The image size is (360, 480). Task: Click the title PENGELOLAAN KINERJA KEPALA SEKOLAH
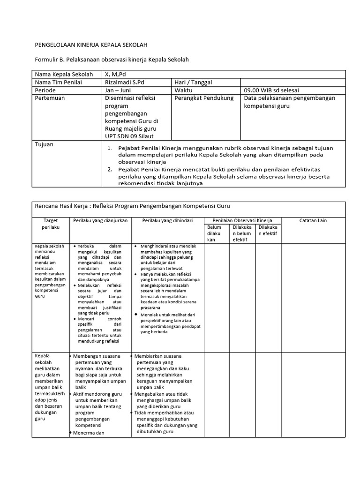coord(91,45)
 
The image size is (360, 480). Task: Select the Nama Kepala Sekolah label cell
coord(63,75)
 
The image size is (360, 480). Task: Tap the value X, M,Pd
coord(116,75)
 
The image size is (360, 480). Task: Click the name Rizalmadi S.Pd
coord(125,82)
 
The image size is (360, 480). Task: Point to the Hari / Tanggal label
coord(193,82)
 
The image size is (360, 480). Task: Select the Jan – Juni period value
coord(118,90)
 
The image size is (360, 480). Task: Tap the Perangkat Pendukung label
coord(203,98)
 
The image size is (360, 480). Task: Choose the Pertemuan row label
coord(50,98)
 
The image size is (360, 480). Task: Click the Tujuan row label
coord(45,144)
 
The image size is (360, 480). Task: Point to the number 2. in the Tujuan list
coord(110,169)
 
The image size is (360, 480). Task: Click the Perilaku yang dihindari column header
coord(167,220)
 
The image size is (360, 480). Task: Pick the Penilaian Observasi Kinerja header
coord(242,220)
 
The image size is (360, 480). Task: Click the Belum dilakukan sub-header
coord(214,233)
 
